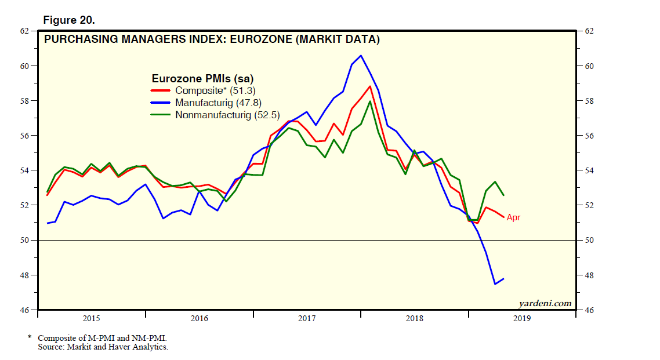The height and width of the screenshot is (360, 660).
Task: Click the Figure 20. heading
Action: click(69, 20)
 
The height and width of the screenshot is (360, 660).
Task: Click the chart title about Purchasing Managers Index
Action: click(212, 40)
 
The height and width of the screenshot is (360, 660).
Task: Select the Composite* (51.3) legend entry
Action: click(215, 90)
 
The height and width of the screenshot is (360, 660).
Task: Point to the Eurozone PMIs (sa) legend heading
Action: click(202, 78)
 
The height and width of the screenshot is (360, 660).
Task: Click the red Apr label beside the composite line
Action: click(514, 218)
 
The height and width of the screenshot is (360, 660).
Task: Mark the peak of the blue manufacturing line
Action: click(361, 56)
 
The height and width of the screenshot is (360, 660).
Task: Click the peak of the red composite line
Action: click(369, 86)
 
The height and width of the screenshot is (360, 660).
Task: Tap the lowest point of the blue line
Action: click(495, 284)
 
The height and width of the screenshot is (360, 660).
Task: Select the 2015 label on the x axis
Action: click(91, 318)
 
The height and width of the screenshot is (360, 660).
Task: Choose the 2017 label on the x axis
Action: click(307, 318)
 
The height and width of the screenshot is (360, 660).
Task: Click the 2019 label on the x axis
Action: click(523, 318)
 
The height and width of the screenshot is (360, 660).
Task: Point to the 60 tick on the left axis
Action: click(25, 66)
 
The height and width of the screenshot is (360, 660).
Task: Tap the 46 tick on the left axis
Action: click(25, 310)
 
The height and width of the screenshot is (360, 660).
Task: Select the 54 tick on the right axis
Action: click(590, 170)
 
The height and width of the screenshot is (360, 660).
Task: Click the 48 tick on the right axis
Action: click(590, 275)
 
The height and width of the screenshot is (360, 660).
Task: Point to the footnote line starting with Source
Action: click(103, 347)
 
